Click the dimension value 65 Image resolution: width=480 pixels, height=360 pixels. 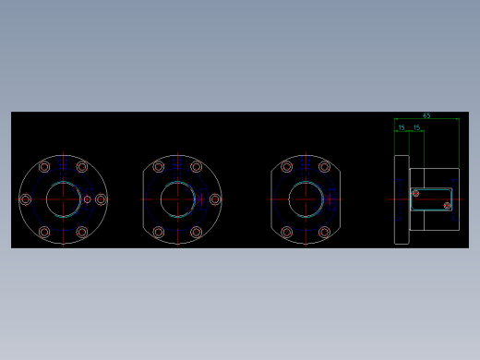click(426, 115)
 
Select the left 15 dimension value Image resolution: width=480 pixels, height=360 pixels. click(402, 127)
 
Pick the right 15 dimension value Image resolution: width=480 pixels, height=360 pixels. click(417, 127)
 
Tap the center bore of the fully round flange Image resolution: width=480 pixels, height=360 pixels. click(63, 199)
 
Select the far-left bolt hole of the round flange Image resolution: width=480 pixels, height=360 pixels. click(25, 199)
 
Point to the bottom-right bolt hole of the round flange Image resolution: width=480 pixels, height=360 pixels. click(82, 232)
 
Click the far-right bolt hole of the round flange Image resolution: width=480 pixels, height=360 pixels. click(101, 199)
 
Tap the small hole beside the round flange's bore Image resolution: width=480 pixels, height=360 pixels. click(88, 199)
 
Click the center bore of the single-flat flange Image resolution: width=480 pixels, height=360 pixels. click(177, 199)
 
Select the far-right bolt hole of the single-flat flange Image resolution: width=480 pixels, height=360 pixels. click(215, 199)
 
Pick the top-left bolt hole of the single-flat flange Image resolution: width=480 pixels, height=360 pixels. click(159, 167)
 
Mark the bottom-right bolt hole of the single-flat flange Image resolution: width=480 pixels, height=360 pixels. click(196, 232)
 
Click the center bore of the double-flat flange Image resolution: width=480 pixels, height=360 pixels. click(306, 199)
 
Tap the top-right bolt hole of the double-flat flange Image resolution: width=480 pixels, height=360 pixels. click(324, 167)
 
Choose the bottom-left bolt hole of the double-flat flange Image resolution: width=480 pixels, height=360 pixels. click(287, 232)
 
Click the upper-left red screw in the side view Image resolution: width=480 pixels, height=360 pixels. click(415, 193)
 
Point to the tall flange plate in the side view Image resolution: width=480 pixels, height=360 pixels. click(402, 199)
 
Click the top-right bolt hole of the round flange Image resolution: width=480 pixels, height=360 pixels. click(82, 167)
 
